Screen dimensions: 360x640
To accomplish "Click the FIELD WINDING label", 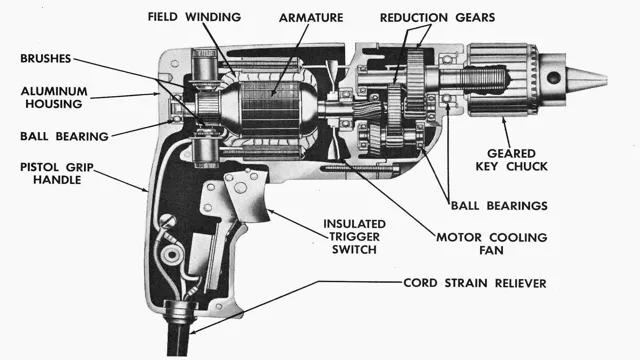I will tap(193, 17).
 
